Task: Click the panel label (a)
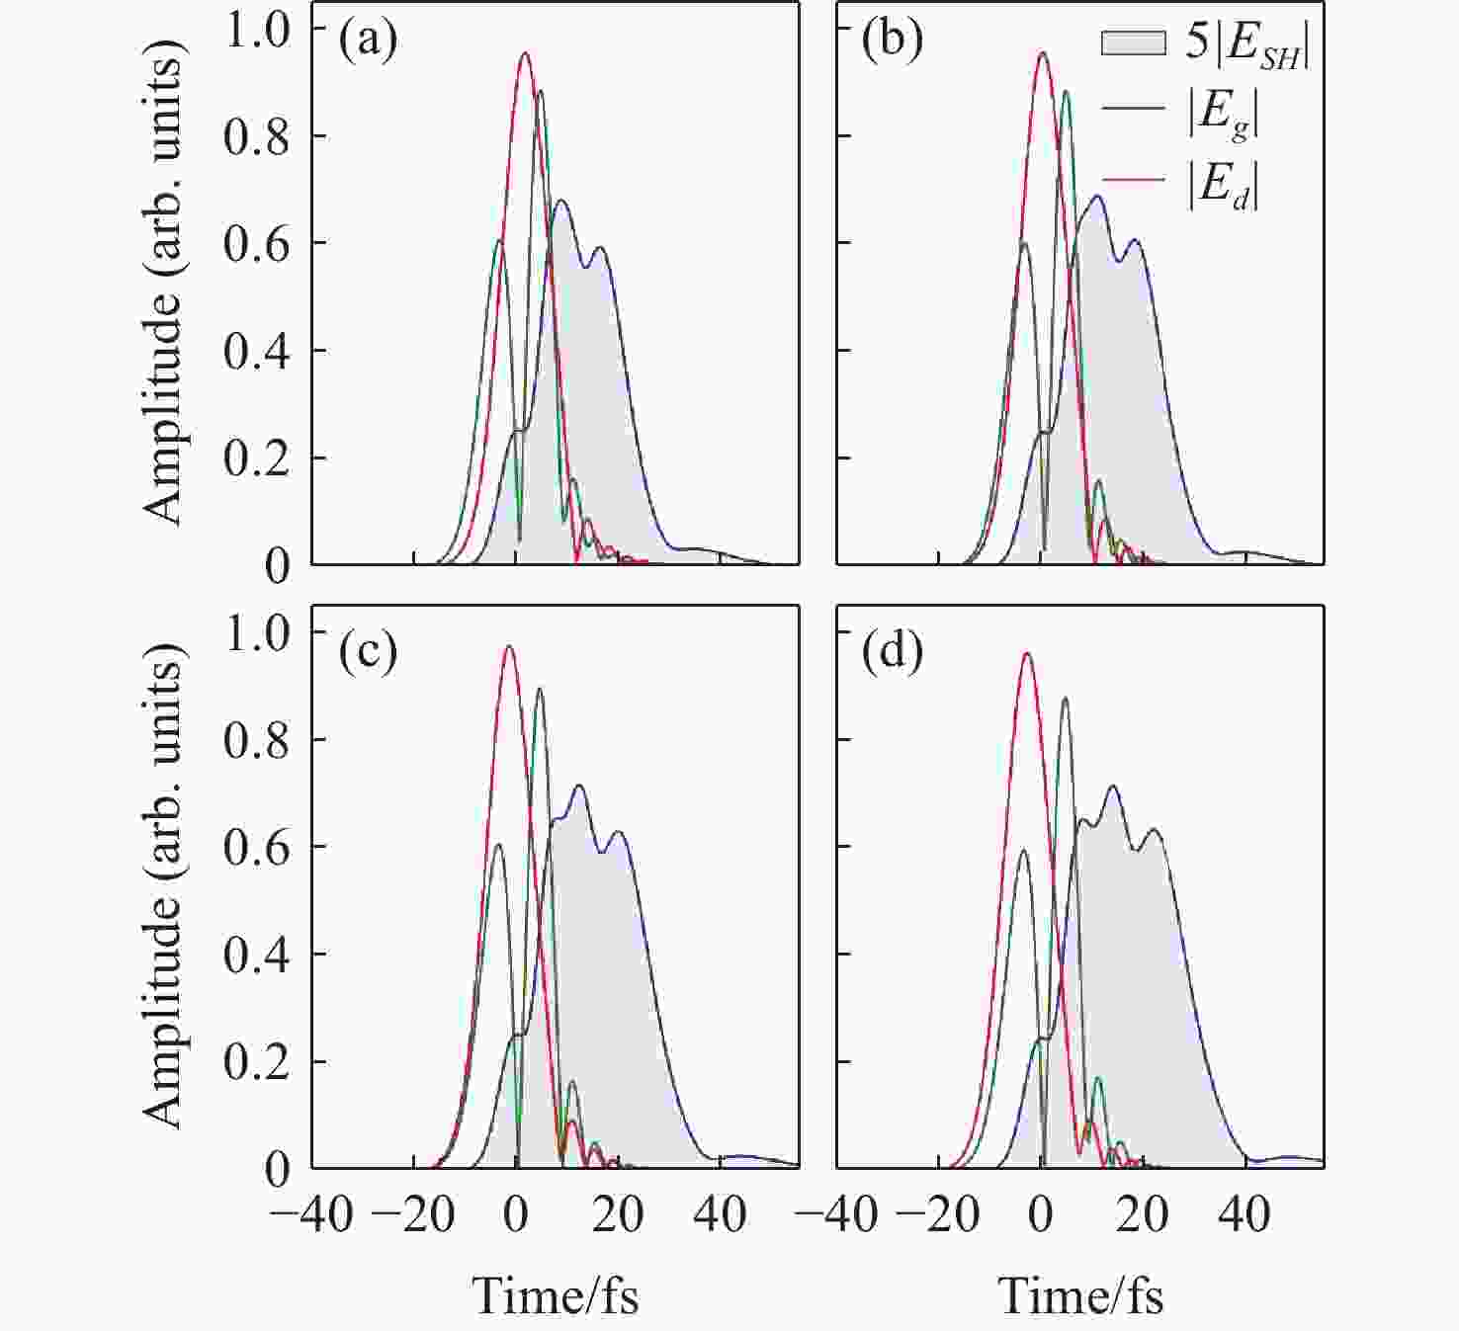coord(368,41)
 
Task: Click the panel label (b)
coord(893,41)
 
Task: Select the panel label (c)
coord(368,651)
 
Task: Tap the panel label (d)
coord(893,653)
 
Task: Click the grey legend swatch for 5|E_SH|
coord(1133,43)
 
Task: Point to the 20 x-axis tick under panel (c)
coord(618,1213)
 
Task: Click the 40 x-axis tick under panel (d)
coord(1244,1213)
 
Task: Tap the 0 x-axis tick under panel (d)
coord(1041,1213)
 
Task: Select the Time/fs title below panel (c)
coord(557,1295)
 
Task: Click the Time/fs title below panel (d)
coord(1081,1295)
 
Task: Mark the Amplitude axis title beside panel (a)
coord(162,287)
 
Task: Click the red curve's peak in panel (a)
coord(525,53)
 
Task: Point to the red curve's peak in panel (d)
coord(1026,653)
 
